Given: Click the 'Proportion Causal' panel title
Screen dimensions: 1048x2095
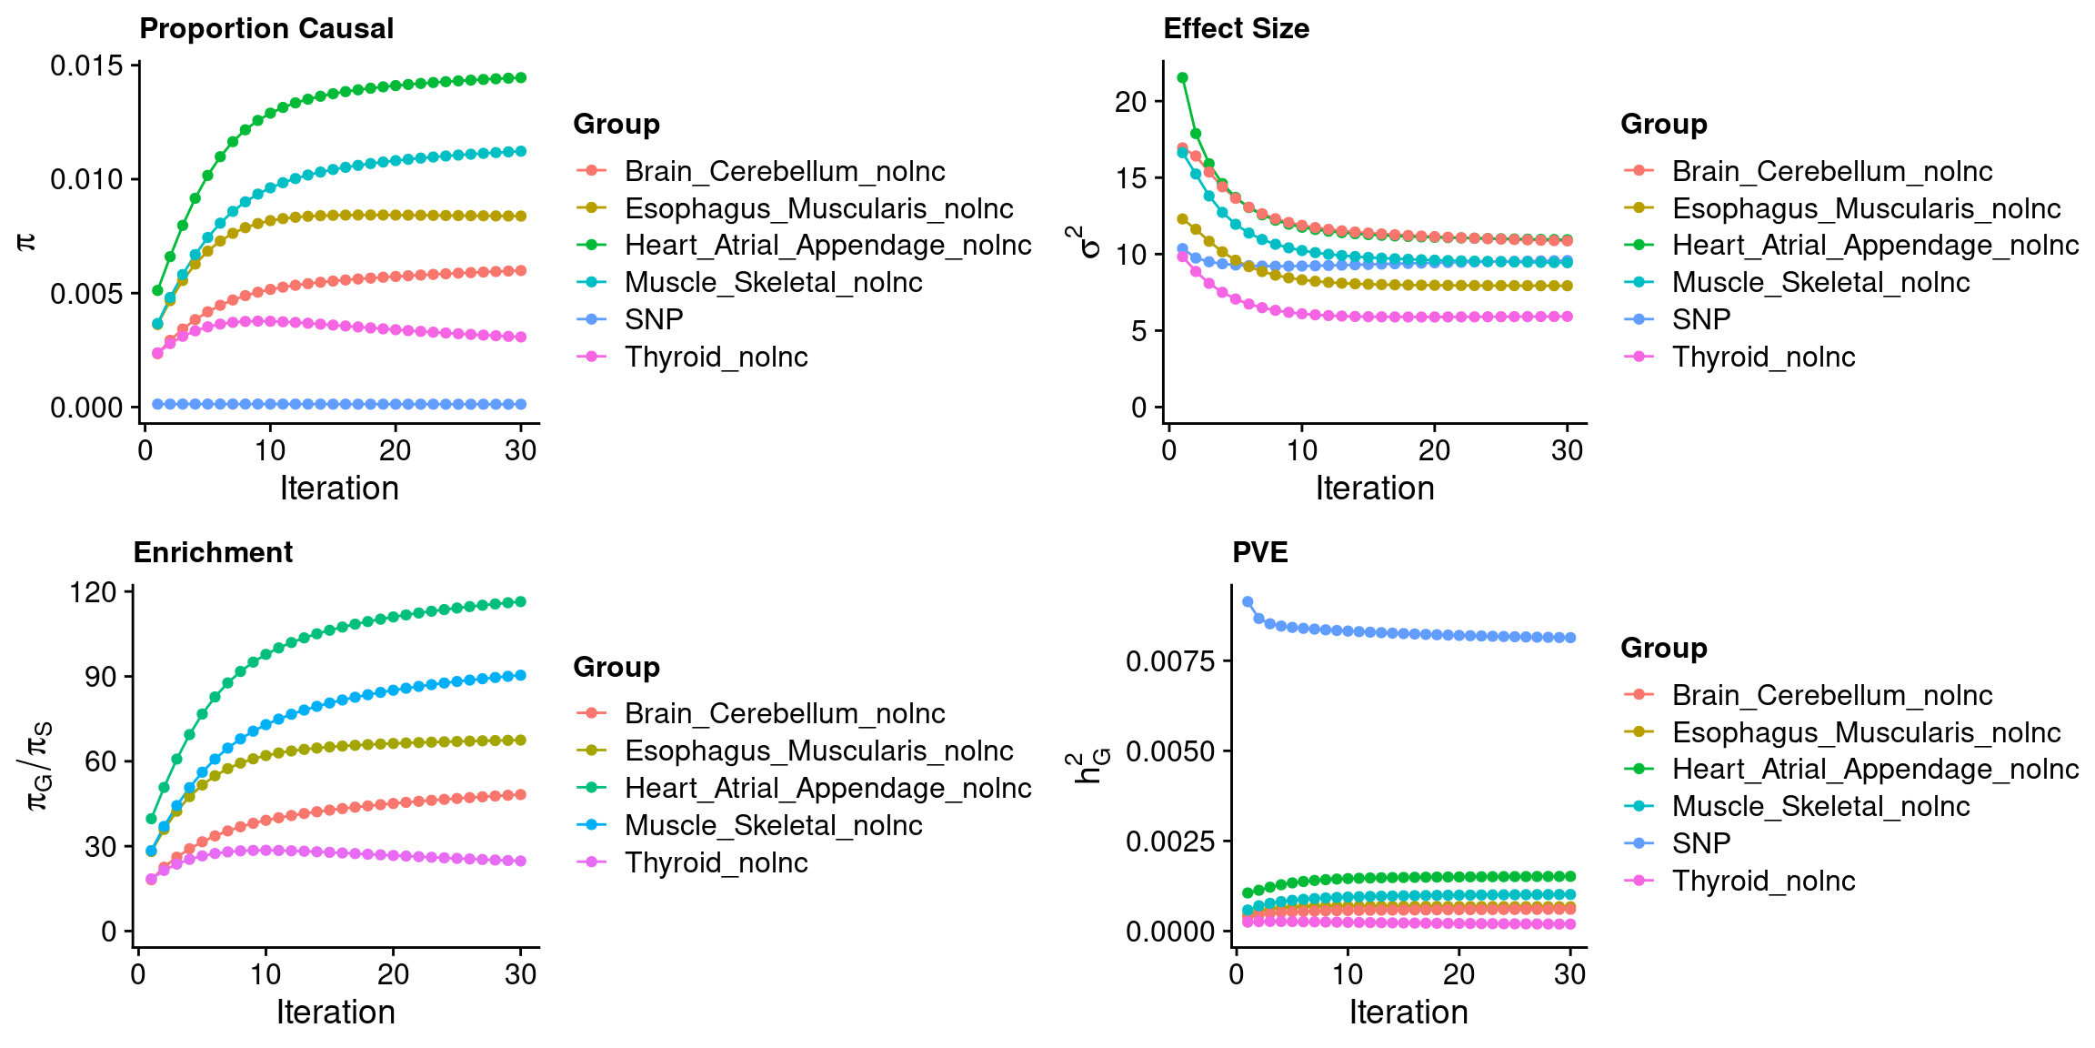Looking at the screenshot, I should point(266,29).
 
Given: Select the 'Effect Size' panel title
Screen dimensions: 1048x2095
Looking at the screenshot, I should point(1236,29).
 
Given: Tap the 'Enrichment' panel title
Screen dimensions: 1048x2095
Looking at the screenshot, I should point(213,553).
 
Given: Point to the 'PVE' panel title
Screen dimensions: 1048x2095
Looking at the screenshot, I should point(1259,553).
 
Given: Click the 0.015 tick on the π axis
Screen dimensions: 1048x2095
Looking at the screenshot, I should point(86,65).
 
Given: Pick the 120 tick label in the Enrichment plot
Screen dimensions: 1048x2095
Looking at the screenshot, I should point(94,592).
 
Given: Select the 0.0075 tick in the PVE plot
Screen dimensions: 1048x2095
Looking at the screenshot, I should point(1170,661).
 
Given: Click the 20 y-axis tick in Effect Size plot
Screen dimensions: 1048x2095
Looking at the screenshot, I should point(1130,102).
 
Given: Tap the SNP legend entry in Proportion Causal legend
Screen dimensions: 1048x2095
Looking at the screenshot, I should point(654,319).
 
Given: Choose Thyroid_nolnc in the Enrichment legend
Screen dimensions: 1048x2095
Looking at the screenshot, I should point(716,862).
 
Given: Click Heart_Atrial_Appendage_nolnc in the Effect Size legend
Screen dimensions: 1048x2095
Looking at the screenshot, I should point(1875,246).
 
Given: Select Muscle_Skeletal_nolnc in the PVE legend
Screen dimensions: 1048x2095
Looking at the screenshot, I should point(1820,806).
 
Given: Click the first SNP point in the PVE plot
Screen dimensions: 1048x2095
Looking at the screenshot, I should point(1248,602).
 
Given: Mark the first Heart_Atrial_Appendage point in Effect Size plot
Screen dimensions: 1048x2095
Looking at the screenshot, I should point(1182,77).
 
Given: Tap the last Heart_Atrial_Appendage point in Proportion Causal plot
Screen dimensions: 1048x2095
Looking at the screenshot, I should point(521,78).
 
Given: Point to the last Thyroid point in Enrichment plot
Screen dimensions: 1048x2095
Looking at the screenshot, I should point(521,861).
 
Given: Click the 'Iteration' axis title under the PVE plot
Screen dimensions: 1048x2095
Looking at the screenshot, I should point(1408,1013).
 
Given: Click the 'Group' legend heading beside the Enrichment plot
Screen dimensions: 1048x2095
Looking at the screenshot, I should point(616,668).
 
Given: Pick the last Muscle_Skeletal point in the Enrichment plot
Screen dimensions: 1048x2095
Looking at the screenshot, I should point(521,675).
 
